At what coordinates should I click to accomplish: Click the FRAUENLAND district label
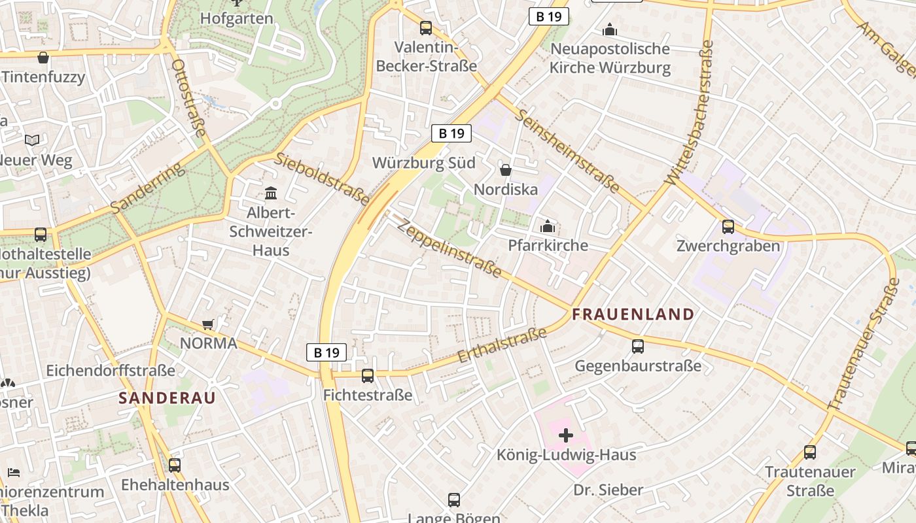tap(633, 314)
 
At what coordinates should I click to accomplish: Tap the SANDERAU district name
tap(167, 397)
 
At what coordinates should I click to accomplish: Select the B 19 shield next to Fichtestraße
tap(326, 352)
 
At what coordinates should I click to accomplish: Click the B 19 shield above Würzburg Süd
tap(451, 133)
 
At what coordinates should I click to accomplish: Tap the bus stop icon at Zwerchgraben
tap(728, 227)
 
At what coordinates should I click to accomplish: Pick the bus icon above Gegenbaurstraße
tap(638, 346)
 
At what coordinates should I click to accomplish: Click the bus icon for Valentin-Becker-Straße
tap(426, 27)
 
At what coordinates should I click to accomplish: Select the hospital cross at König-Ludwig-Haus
tap(566, 435)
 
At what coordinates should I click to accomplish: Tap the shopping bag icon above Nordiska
tap(506, 170)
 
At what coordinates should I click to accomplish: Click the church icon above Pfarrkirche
tap(548, 227)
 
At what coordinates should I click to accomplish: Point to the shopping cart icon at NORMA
tap(208, 324)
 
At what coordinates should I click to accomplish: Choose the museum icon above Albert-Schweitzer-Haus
tap(271, 193)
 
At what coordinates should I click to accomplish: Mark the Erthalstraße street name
tap(502, 346)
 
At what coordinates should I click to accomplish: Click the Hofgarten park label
tap(236, 18)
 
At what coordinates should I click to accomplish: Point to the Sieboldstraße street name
tap(321, 178)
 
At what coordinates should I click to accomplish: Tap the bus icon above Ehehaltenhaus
tap(175, 465)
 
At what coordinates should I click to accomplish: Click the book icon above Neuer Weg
tap(32, 140)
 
